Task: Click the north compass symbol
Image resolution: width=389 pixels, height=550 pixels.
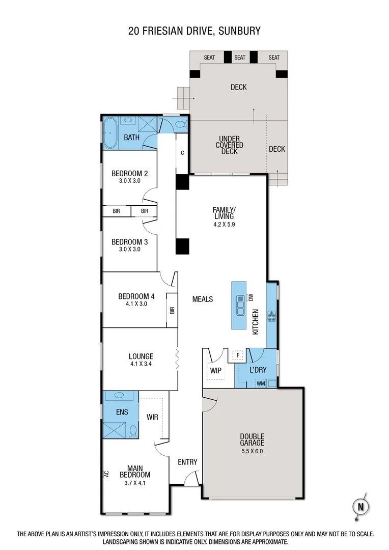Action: click(x=359, y=506)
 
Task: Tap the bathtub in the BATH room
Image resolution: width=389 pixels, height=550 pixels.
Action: click(x=110, y=132)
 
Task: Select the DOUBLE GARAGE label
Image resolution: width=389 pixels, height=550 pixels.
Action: click(x=252, y=439)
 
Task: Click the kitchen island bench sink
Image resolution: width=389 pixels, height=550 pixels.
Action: click(x=239, y=306)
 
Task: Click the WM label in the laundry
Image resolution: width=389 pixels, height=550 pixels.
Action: click(x=260, y=383)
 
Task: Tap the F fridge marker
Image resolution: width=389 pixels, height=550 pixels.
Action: click(x=237, y=355)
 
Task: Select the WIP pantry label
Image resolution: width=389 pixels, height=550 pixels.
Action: click(x=215, y=370)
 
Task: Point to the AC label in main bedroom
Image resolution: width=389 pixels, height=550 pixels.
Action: click(x=106, y=473)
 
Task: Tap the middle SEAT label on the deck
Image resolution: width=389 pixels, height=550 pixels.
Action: click(x=240, y=58)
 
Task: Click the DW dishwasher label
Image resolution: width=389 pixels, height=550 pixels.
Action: click(x=251, y=297)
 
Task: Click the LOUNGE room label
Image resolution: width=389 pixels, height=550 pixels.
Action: click(x=141, y=356)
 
